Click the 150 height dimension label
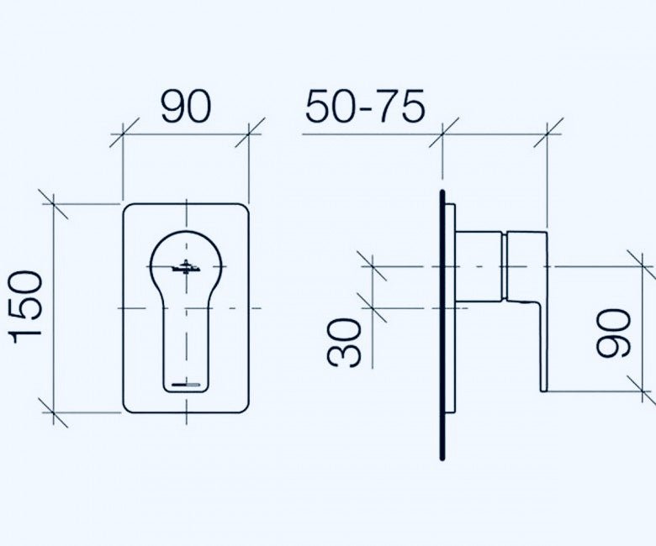point(25,307)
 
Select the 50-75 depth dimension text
point(365,107)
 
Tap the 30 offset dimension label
point(343,343)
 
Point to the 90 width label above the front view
point(186,107)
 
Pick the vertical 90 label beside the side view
point(613,333)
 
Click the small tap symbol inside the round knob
point(186,268)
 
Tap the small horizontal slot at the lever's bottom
point(186,384)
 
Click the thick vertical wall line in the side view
point(442,325)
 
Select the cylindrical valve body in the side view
point(479,266)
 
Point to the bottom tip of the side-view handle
point(543,391)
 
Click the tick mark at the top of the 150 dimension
point(53,204)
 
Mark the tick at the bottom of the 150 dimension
point(53,412)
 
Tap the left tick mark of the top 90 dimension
point(123,134)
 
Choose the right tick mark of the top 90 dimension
point(249,134)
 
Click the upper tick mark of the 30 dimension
point(373,266)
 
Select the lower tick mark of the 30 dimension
point(373,308)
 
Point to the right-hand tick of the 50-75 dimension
point(548,134)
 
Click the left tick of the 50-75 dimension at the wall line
point(443,134)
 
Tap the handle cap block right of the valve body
point(526,266)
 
